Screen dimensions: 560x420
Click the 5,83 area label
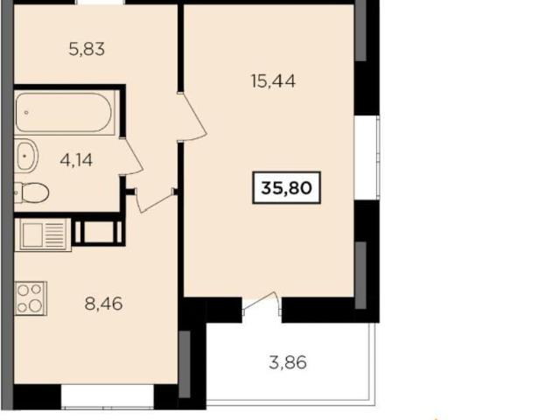pyautogui.click(x=87, y=49)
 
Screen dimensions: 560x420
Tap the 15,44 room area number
pyautogui.click(x=273, y=81)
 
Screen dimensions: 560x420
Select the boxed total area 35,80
pyautogui.click(x=286, y=188)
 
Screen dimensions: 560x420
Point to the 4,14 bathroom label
pyautogui.click(x=76, y=160)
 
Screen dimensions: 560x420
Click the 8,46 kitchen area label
pyautogui.click(x=104, y=304)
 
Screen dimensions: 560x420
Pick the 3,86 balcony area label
pyautogui.click(x=288, y=362)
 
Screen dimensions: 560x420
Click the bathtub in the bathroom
pyautogui.click(x=64, y=113)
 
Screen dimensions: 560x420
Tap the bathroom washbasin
pyautogui.click(x=26, y=156)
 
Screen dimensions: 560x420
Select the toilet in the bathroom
pyautogui.click(x=31, y=192)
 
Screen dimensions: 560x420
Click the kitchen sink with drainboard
pyautogui.click(x=43, y=234)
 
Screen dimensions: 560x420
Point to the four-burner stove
pyautogui.click(x=31, y=298)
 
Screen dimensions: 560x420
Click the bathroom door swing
pyautogui.click(x=131, y=157)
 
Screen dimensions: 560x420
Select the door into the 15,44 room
pyautogui.click(x=192, y=117)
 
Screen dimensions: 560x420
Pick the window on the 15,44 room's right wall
pyautogui.click(x=367, y=157)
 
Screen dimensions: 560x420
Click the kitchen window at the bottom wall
pyautogui.click(x=108, y=396)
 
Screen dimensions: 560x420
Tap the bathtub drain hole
pyautogui.click(x=26, y=113)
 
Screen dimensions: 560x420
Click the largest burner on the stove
pyautogui.click(x=35, y=305)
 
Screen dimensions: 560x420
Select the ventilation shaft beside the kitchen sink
pyautogui.click(x=99, y=232)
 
